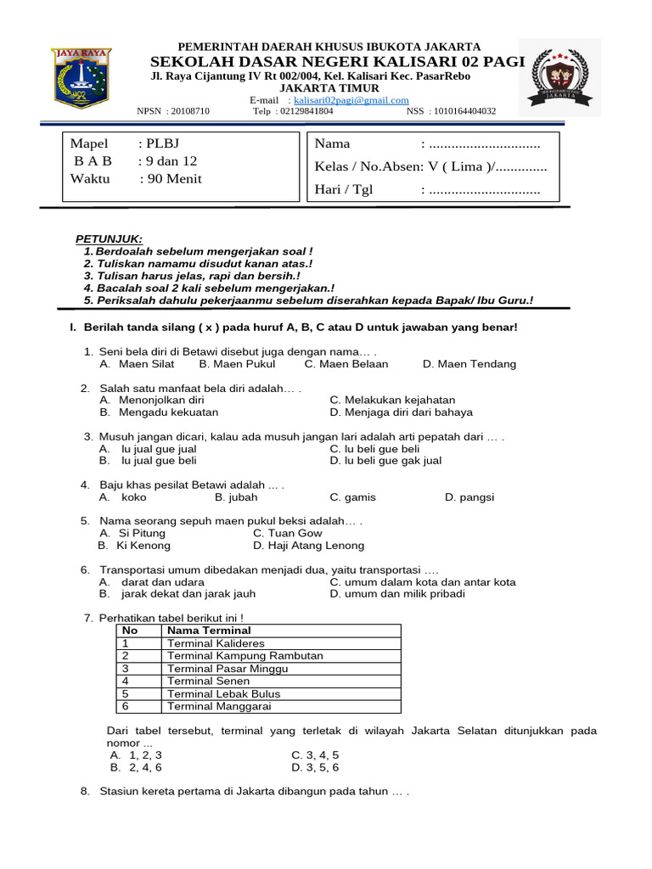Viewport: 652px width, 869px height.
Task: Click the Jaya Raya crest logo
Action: pos(81,77)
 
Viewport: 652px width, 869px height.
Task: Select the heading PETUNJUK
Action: pos(110,239)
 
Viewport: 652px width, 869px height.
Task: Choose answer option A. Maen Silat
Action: pos(137,364)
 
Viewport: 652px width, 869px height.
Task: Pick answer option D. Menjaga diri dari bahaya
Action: pos(401,412)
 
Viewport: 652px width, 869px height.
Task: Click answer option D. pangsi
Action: pos(469,497)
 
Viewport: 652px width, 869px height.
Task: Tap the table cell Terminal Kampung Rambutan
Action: pos(244,656)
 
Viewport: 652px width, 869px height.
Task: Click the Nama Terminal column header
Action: pos(209,631)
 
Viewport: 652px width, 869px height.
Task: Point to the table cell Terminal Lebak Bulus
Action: pos(223,693)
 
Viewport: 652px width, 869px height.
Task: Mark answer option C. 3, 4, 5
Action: pos(315,754)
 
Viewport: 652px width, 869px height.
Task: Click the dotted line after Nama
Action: pos(481,143)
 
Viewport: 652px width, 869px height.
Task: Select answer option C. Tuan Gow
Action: pos(288,533)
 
